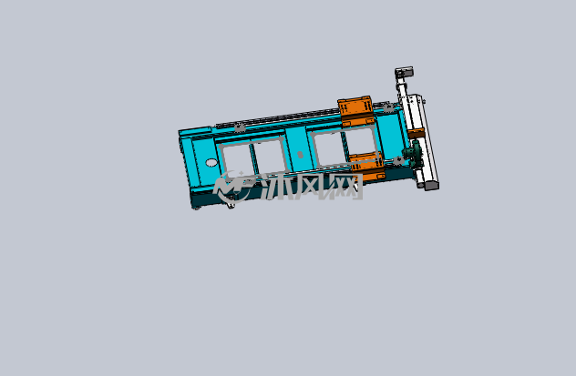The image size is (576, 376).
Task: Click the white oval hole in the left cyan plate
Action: (211, 162)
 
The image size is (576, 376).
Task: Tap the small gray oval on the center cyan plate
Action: (300, 155)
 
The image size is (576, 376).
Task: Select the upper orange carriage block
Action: (355, 110)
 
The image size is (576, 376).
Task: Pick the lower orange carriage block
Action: (367, 168)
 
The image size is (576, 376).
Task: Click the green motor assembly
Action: (414, 153)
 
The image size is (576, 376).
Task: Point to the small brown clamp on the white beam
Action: (417, 133)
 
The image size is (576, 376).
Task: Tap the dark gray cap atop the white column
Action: (404, 72)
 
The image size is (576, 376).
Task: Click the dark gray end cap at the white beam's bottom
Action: (431, 186)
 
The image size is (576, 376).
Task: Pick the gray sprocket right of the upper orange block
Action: (388, 107)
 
